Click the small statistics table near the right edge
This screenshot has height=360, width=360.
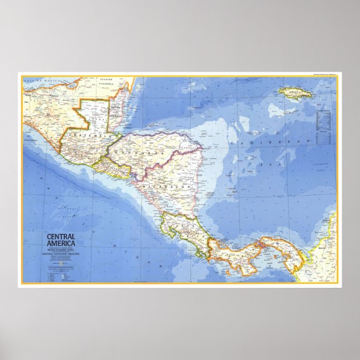[324, 126]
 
